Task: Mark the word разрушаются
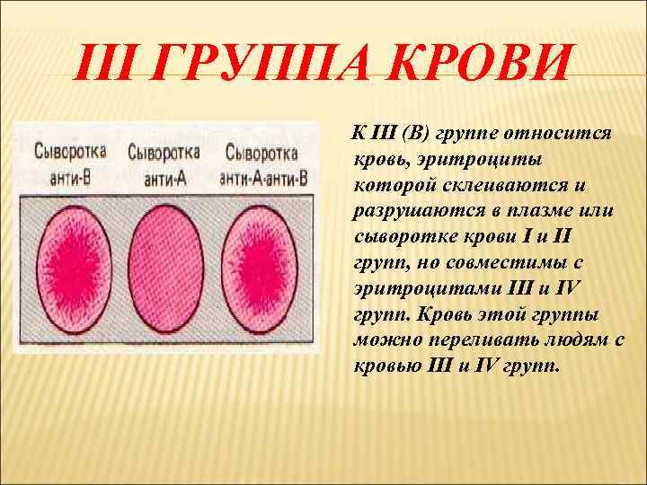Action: click(412, 210)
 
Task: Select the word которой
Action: click(393, 184)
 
